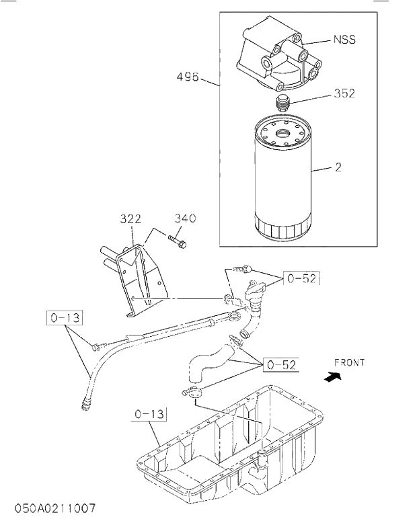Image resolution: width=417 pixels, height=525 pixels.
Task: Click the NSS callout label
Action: point(344,40)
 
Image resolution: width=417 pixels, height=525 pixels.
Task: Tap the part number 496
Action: point(188,77)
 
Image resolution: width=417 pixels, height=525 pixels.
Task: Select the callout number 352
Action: point(344,93)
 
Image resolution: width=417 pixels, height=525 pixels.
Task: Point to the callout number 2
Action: point(338,167)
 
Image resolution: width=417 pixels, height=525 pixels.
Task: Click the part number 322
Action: point(130,218)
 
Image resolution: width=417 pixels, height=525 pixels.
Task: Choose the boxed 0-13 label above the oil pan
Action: point(149,415)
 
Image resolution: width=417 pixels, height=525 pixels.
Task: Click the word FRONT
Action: point(349,362)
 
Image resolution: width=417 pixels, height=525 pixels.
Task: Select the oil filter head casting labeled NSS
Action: point(276,57)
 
